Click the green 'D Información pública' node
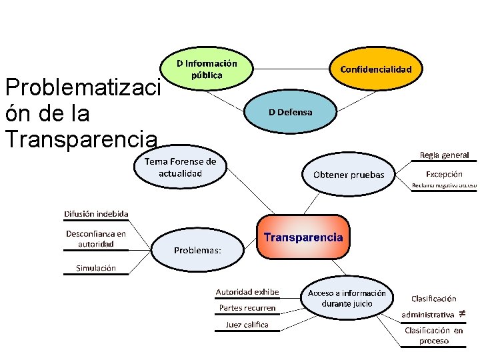pyautogui.click(x=207, y=69)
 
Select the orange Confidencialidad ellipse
pyautogui.click(x=376, y=69)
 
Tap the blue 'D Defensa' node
pyautogui.click(x=290, y=112)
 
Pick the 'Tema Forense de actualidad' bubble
pyautogui.click(x=180, y=167)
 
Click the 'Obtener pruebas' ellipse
pyautogui.click(x=349, y=175)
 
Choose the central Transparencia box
pyautogui.click(x=303, y=237)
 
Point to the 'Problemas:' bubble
pyautogui.click(x=197, y=250)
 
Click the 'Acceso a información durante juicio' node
pyautogui.click(x=347, y=298)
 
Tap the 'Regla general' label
pyautogui.click(x=444, y=155)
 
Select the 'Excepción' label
pyautogui.click(x=444, y=174)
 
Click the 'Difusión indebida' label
pyautogui.click(x=96, y=214)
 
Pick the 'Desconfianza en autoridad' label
pyautogui.click(x=96, y=239)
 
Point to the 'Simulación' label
pyautogui.click(x=96, y=268)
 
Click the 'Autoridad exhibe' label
pyautogui.click(x=247, y=292)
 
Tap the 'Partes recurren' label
pyautogui.click(x=247, y=308)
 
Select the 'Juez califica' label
pyautogui.click(x=247, y=325)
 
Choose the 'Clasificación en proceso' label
pyautogui.click(x=434, y=335)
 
